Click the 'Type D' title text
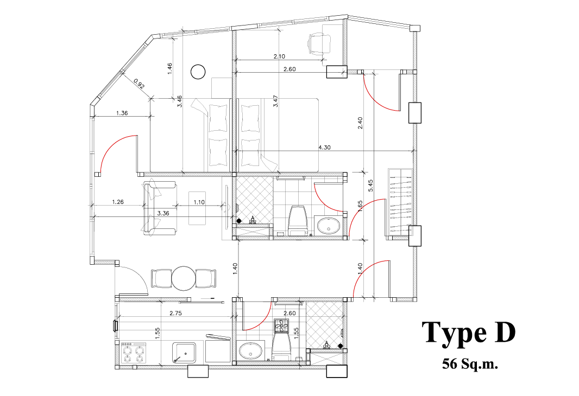(468, 333)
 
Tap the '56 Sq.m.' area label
(470, 365)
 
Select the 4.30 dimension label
(324, 148)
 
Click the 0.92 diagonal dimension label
(139, 84)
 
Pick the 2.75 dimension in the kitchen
(176, 314)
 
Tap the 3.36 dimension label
(163, 213)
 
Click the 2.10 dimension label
(279, 56)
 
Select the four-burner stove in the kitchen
(134, 353)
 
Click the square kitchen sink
(184, 353)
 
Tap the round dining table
(184, 278)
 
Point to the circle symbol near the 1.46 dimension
(198, 72)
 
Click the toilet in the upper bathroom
(298, 220)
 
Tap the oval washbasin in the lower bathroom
(251, 350)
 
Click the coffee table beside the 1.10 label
(197, 208)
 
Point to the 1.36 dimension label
(122, 113)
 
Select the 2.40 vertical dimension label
(360, 123)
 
